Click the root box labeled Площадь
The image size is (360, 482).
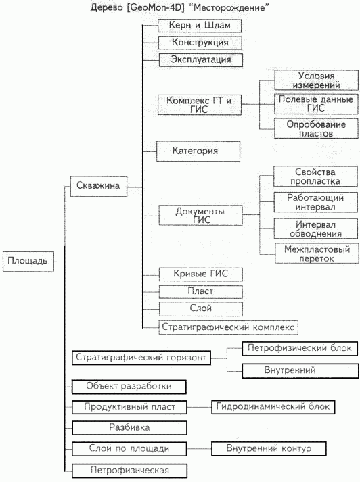pos(28,262)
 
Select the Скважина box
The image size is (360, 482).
pos(99,186)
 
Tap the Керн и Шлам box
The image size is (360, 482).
pos(200,26)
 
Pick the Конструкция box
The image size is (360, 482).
pos(200,43)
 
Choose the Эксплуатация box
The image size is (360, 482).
pos(201,60)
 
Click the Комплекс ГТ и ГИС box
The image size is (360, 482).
pos(200,105)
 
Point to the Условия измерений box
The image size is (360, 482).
pos(316,80)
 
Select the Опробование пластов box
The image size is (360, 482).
pos(316,128)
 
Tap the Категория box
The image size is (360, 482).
pos(198,151)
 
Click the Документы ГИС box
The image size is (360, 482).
pos(200,215)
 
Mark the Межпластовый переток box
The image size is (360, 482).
pos(317,254)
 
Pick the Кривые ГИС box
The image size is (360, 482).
pos(200,274)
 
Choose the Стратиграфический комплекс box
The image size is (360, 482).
pos(228,327)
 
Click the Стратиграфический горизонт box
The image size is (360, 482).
pos(141,358)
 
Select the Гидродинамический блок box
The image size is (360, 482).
pos(273,407)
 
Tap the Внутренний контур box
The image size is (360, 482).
pos(269,448)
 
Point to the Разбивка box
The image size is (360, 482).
pos(129,428)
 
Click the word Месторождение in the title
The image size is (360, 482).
pos(229,7)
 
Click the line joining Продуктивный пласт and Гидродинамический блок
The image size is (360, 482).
pos(200,408)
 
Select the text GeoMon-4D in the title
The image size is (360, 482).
pos(157,7)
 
